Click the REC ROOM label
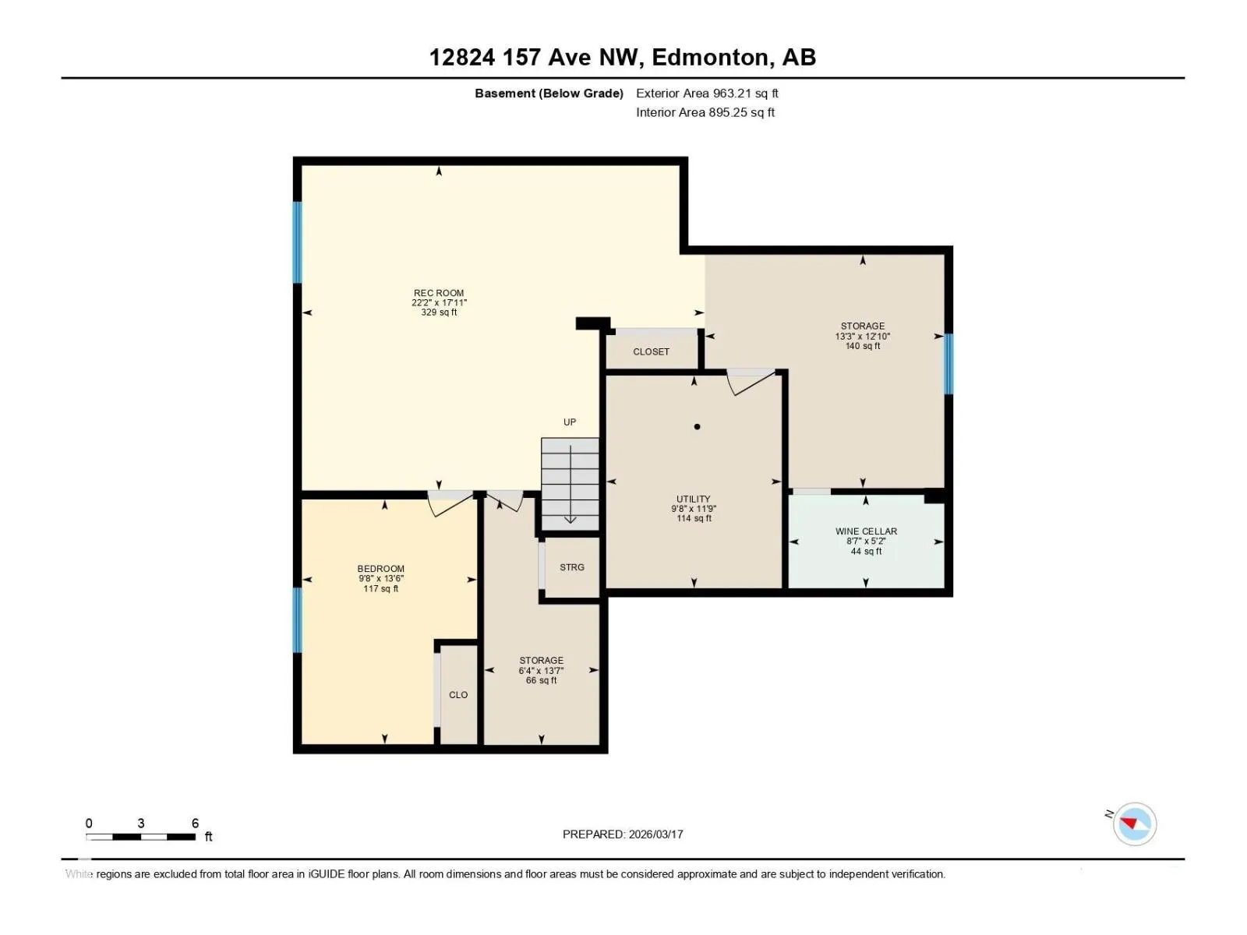pos(439,293)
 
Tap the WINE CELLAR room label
pos(866,531)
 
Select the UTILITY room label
pos(693,499)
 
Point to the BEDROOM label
pos(380,569)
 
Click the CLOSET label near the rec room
pos(651,352)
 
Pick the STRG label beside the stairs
pos(571,567)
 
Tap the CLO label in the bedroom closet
pos(458,695)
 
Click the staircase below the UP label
pos(570,484)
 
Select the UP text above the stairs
pos(569,422)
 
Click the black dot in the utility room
pos(697,426)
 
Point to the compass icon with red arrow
pos(1135,824)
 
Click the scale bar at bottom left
pos(140,836)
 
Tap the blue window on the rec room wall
pos(297,242)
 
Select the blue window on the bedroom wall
pos(297,620)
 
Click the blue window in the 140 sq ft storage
pos(948,364)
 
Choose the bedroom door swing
pos(450,503)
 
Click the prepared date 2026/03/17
pos(655,834)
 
